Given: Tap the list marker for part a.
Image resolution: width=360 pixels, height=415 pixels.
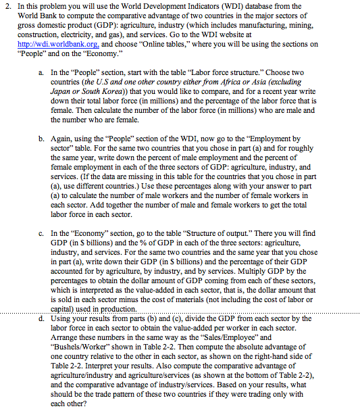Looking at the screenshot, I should [x=42, y=71].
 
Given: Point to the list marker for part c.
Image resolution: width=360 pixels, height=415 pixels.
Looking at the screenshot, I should [x=42, y=232].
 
